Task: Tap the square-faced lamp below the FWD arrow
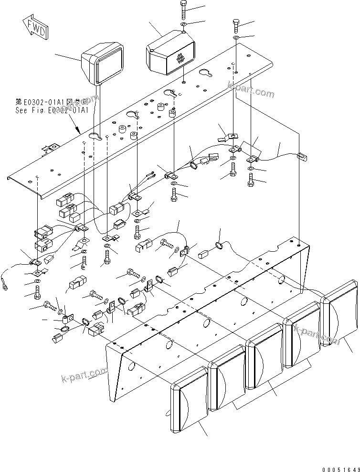tap(105, 64)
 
